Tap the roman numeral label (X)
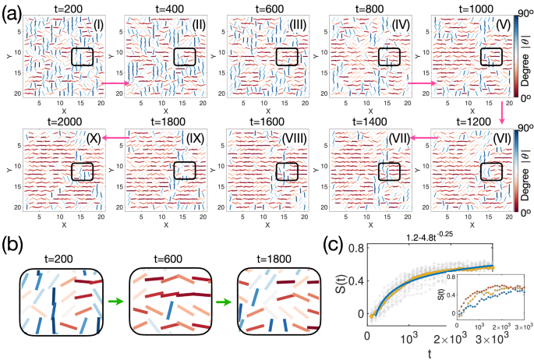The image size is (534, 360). (x=95, y=137)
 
